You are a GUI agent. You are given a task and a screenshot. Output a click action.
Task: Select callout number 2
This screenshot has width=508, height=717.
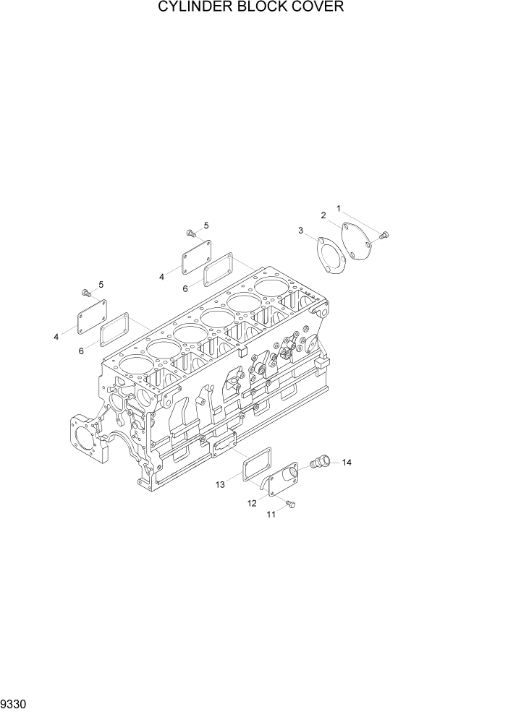323,215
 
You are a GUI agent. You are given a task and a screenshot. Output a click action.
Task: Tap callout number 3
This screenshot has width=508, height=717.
300,230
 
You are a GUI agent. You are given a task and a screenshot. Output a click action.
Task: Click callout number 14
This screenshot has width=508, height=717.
347,463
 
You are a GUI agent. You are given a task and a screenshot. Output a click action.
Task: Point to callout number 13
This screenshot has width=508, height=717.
220,485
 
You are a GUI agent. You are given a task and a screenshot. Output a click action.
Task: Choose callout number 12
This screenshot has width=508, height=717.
252,503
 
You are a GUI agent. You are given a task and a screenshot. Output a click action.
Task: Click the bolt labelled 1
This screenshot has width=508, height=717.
384,233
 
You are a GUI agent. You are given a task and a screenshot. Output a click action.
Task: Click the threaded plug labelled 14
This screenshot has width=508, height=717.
319,460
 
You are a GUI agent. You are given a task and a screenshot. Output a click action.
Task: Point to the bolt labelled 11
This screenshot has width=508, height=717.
291,505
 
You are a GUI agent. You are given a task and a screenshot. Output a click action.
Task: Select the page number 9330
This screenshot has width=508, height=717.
15,703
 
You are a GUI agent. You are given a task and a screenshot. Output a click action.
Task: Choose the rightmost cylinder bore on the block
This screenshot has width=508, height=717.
270,288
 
